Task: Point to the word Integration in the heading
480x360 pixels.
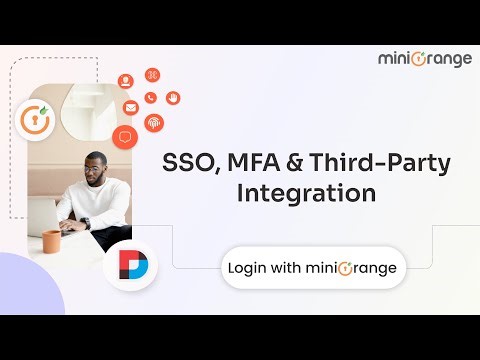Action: point(306,192)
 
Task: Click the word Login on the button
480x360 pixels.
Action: point(247,268)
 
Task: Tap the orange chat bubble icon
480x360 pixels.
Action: point(125,136)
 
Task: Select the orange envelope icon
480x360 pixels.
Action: point(130,108)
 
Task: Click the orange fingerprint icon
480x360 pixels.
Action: point(154,122)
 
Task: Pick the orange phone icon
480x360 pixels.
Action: point(150,98)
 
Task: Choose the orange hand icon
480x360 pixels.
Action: point(172,98)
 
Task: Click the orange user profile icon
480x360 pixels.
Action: point(126,81)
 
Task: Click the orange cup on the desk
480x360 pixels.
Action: point(51,241)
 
